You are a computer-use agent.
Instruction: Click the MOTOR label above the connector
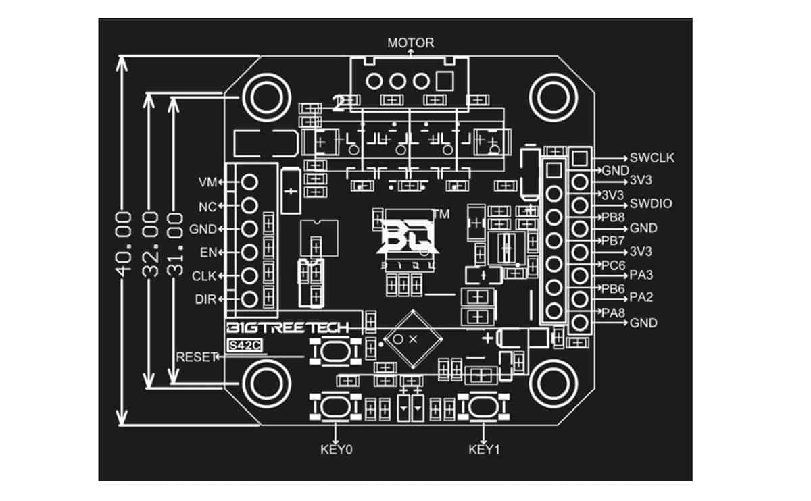(x=410, y=43)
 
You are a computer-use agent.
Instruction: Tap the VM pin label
(x=207, y=182)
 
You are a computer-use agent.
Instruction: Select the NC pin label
(x=207, y=205)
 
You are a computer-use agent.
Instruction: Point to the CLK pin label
(x=204, y=275)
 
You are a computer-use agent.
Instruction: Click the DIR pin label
(x=205, y=299)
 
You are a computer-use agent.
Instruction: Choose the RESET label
(x=195, y=357)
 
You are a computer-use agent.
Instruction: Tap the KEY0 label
(x=336, y=448)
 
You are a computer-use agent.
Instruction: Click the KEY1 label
(x=484, y=448)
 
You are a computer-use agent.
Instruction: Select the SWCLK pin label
(x=652, y=158)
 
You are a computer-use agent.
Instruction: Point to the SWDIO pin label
(x=651, y=204)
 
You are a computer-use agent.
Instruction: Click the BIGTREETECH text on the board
(x=287, y=328)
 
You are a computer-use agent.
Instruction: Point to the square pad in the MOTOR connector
(x=445, y=82)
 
